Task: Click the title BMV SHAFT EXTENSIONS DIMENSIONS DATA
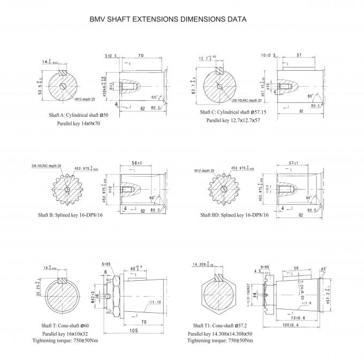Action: (168, 19)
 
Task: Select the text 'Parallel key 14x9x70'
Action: (79, 123)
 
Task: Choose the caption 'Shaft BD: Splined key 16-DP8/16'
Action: (234, 214)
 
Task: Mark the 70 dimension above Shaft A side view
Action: (141, 55)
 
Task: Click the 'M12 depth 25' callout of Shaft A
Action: (85, 100)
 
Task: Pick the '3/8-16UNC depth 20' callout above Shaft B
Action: (47, 165)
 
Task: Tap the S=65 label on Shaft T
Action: (107, 265)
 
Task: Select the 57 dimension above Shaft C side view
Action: (299, 55)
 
